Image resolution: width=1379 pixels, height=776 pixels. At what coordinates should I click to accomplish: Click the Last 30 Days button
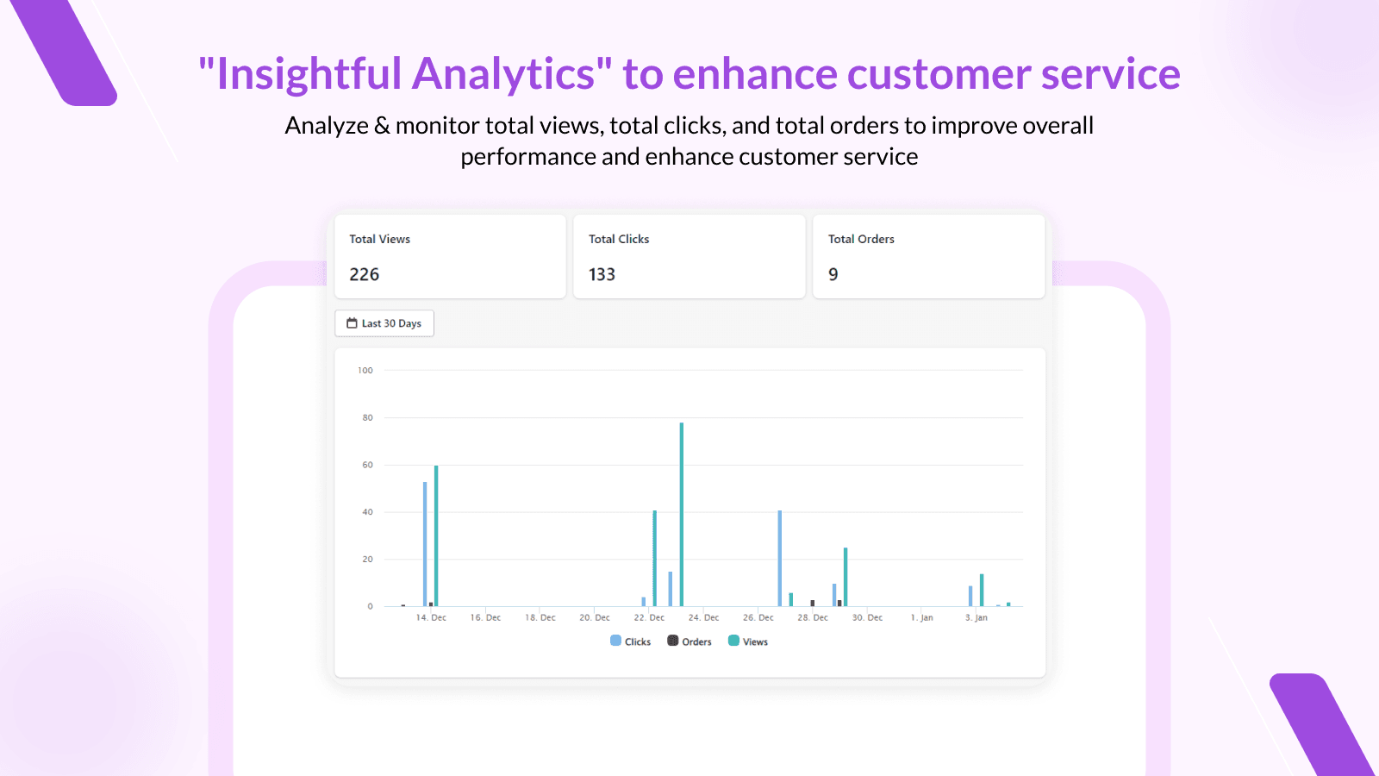point(384,323)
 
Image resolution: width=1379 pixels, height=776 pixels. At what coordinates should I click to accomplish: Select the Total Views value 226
point(364,274)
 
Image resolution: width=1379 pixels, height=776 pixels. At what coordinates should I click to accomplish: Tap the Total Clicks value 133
point(602,274)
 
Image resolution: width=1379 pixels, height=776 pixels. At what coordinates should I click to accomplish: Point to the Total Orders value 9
point(833,274)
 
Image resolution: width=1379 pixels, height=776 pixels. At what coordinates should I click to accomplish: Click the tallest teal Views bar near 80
point(682,514)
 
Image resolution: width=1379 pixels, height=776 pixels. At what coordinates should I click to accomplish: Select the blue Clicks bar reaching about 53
point(425,544)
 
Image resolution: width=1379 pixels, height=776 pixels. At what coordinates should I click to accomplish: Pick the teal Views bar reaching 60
point(436,535)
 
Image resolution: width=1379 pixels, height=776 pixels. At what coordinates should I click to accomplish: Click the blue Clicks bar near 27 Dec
point(779,559)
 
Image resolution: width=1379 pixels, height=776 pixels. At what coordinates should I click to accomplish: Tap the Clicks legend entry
point(630,641)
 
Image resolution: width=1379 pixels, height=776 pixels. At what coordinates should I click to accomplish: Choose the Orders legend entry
point(689,641)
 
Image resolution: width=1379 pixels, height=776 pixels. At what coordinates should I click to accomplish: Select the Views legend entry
point(748,641)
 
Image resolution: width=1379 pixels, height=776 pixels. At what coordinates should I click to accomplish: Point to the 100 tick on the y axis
point(365,370)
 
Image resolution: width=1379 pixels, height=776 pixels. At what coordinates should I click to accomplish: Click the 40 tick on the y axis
point(367,512)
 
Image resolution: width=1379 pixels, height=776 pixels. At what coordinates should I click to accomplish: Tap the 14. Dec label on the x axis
point(431,617)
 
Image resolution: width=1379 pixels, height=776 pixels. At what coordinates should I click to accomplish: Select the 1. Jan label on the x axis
point(921,617)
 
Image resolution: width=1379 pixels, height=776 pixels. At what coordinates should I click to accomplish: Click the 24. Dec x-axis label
point(703,617)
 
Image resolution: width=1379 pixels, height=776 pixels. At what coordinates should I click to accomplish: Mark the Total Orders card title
point(861,239)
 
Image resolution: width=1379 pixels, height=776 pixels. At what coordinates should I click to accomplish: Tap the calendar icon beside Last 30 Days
point(352,323)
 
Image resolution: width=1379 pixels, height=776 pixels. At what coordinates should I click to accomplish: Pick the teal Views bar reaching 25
point(845,577)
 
